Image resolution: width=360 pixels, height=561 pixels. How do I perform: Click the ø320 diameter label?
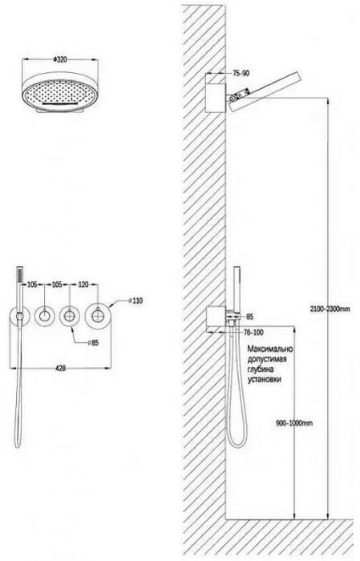coord(60,60)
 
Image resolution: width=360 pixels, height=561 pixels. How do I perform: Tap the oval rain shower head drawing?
coord(60,93)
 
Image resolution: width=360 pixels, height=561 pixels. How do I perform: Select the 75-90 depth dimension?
coord(241,74)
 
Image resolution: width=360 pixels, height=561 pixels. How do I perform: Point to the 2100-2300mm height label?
coord(330,309)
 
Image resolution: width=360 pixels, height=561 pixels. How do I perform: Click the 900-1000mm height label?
coord(294,423)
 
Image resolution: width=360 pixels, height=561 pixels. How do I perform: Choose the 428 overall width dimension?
coord(61,368)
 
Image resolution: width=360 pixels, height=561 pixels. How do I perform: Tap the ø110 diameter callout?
coord(136,301)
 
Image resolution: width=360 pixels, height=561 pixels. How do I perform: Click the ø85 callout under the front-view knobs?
coord(93,343)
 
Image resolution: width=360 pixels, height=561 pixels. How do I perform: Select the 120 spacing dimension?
coord(83,285)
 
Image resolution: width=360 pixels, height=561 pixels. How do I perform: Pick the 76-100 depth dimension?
coord(253,333)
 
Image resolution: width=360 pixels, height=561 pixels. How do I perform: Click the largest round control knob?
coord(98,316)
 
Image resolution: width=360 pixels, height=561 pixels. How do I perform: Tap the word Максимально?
coord(270,349)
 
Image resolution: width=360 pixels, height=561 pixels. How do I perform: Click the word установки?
coord(264,379)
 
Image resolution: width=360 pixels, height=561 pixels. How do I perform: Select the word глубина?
coord(261,369)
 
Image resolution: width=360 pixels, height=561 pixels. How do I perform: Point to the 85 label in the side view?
coord(249,317)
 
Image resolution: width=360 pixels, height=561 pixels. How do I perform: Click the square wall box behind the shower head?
coord(216,98)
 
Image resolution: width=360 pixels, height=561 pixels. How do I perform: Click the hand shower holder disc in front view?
coord(19,317)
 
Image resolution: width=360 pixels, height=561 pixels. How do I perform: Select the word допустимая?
coord(267,359)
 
